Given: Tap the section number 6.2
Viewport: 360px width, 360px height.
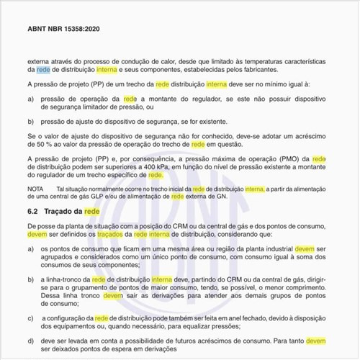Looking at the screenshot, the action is (x=32, y=212).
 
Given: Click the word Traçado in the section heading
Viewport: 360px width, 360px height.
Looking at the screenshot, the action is (x=63, y=212).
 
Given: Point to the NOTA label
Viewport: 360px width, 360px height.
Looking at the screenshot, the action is (x=35, y=189).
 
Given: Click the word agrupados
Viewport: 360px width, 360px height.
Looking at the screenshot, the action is (x=63, y=256).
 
